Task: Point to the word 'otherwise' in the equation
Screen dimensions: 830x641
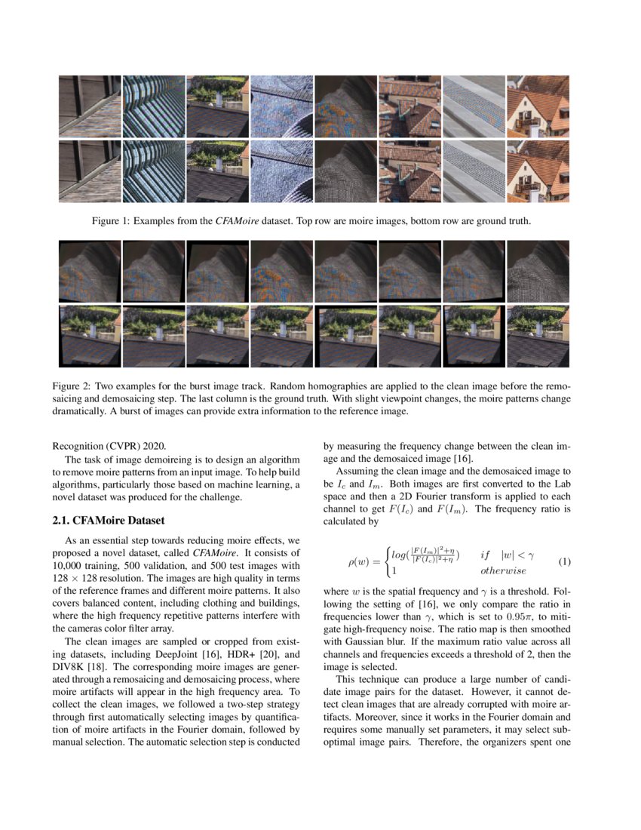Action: click(x=503, y=571)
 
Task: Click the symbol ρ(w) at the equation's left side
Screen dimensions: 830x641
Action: click(x=361, y=563)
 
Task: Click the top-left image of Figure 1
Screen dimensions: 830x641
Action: click(x=90, y=106)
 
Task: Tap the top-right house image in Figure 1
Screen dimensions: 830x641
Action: click(x=538, y=106)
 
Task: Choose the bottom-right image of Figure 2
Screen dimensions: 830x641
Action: click(x=538, y=336)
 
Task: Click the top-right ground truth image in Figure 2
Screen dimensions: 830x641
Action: click(x=538, y=271)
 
